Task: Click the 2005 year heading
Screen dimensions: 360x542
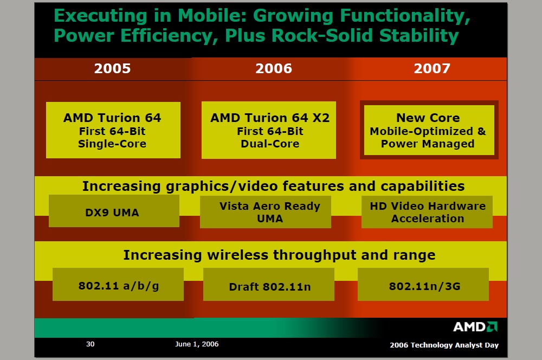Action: (112, 68)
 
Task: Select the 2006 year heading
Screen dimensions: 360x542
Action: (274, 68)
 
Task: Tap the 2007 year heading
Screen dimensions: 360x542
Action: (432, 68)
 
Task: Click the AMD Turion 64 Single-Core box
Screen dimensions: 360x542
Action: (113, 131)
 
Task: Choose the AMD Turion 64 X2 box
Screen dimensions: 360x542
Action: (269, 131)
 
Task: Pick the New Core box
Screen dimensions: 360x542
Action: (428, 130)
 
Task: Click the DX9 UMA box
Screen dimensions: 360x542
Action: (113, 213)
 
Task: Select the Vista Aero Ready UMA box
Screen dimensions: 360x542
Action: (269, 212)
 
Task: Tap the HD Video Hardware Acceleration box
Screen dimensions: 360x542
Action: (428, 212)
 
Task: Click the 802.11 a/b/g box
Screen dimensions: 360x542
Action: (118, 285)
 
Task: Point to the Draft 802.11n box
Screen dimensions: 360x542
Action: (269, 286)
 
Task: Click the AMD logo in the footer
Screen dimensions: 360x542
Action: (475, 327)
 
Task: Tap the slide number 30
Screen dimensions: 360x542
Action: (91, 344)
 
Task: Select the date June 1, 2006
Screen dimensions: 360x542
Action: (197, 344)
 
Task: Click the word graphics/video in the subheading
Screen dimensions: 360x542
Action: (214, 187)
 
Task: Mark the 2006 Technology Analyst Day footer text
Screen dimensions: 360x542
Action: (444, 345)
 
